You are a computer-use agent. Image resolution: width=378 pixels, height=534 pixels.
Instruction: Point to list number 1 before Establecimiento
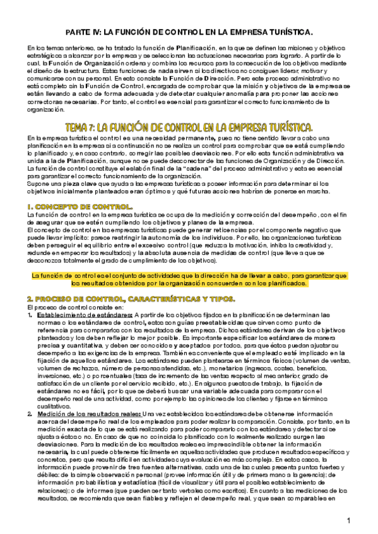point(30,315)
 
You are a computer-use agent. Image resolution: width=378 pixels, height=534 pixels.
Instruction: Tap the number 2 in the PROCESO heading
point(29,298)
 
